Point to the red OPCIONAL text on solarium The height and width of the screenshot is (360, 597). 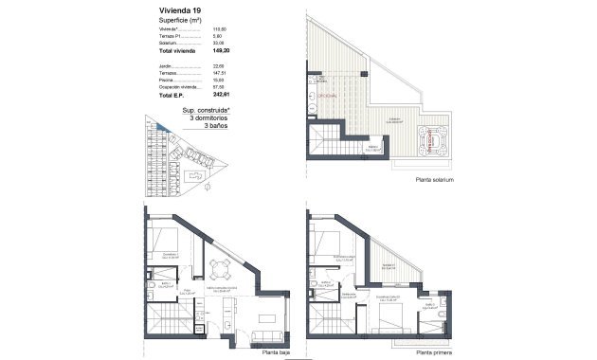[x=327, y=96]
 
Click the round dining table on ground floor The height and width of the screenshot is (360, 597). [x=221, y=268]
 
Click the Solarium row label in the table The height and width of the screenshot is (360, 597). [x=168, y=43]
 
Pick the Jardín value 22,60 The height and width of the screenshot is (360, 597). [x=215, y=66]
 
